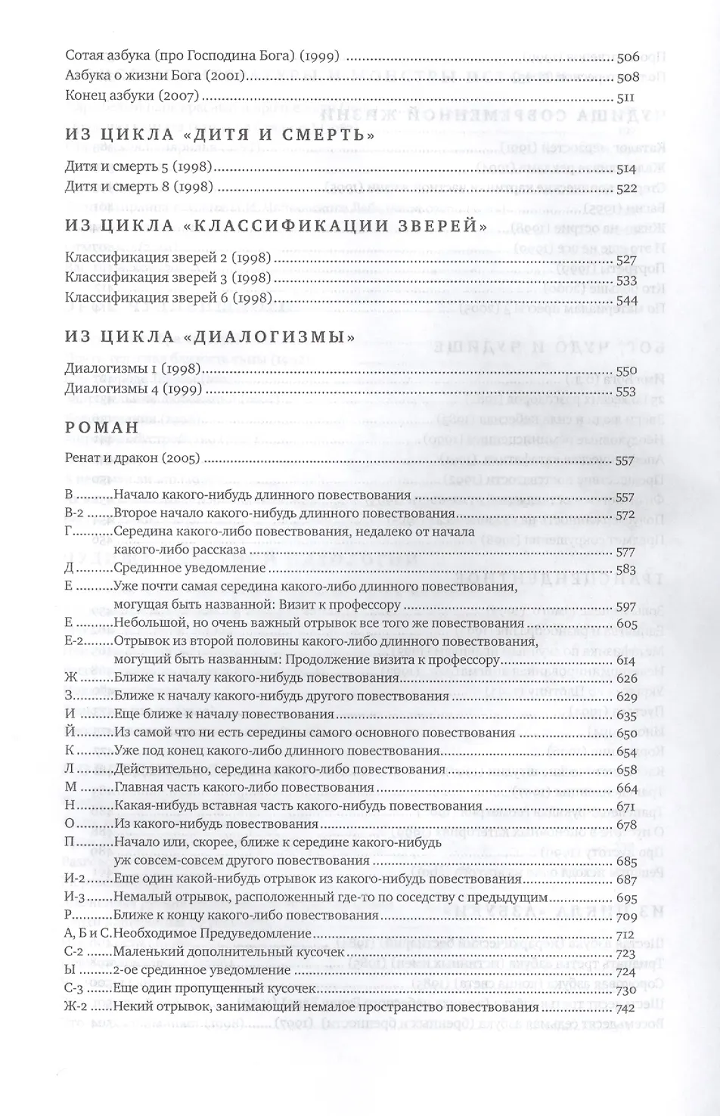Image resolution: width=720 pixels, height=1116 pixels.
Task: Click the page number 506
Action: [628, 56]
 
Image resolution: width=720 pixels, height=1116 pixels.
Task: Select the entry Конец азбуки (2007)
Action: [132, 97]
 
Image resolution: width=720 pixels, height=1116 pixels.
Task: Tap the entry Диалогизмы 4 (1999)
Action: [132, 391]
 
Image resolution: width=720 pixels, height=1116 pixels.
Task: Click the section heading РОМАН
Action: [102, 427]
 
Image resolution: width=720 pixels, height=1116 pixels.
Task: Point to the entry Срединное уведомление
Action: [189, 568]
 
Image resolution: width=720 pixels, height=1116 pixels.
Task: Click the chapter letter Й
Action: [70, 732]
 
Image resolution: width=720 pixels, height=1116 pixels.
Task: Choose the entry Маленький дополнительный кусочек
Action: [228, 952]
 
